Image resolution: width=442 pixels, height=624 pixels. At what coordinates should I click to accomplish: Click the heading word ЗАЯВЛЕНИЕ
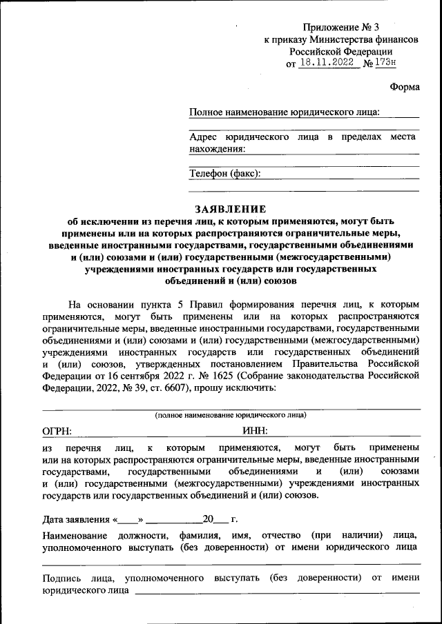coord(230,209)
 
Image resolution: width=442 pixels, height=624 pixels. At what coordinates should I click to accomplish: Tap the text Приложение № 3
coord(341,28)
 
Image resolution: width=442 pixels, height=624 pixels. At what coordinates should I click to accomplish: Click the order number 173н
coord(385,63)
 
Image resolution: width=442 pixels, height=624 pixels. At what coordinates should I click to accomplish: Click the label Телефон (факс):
coord(224,174)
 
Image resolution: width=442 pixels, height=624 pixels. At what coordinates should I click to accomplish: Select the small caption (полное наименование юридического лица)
coord(231,415)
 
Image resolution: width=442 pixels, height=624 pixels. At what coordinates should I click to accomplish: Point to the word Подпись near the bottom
coord(64,578)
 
